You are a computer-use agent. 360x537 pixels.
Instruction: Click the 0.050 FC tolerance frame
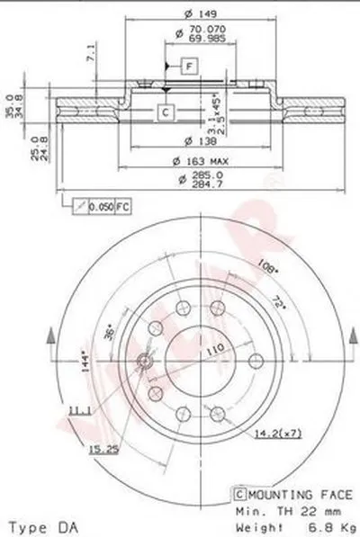103,207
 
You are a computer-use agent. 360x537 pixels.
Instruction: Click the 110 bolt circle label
217,346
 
